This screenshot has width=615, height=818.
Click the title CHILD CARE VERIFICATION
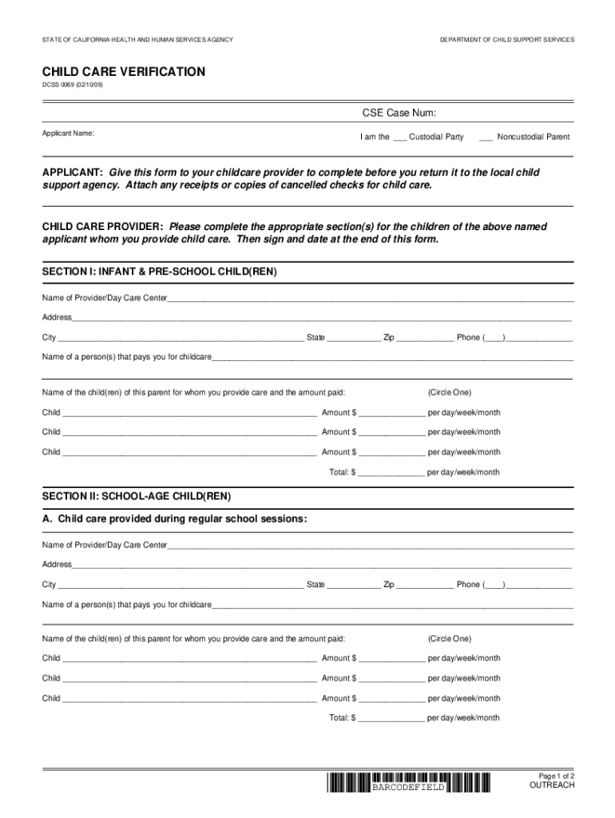(123, 72)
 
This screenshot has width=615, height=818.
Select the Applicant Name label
(68, 133)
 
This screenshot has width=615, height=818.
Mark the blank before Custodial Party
(399, 137)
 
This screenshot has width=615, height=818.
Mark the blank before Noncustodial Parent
(486, 137)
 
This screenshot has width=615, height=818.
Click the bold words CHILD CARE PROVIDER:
(103, 227)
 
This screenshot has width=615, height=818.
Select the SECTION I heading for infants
(159, 272)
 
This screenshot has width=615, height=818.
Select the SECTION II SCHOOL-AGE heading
(137, 496)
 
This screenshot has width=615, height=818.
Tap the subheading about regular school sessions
(174, 518)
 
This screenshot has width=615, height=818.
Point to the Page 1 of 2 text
(557, 776)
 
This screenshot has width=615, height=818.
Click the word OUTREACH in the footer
(552, 785)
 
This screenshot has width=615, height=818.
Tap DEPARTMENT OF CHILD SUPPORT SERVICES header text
(506, 40)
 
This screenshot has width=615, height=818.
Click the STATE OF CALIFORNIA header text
(137, 40)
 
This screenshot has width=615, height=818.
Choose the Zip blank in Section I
(425, 339)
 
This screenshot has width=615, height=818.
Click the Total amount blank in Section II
(391, 718)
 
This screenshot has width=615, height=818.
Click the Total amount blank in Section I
(391, 473)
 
